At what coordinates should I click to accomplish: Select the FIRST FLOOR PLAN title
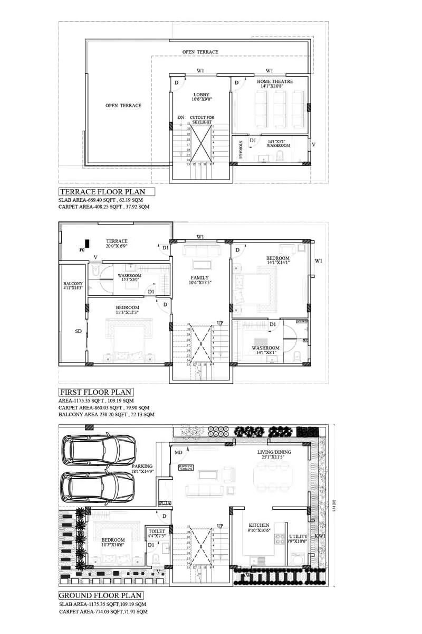coord(95,392)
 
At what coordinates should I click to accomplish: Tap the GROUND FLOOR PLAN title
coord(100,595)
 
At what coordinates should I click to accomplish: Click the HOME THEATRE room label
coord(275,82)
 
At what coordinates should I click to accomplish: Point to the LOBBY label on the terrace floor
coord(202,95)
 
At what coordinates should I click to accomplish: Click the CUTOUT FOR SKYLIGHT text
coord(203,119)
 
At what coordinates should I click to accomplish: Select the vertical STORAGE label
coord(241,150)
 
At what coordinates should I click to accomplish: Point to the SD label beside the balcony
coord(79,332)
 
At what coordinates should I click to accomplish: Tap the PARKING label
coord(142,467)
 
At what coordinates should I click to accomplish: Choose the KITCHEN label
coord(258,526)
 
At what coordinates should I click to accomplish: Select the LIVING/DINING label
coord(274,452)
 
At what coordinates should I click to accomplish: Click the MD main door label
coord(179,453)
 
